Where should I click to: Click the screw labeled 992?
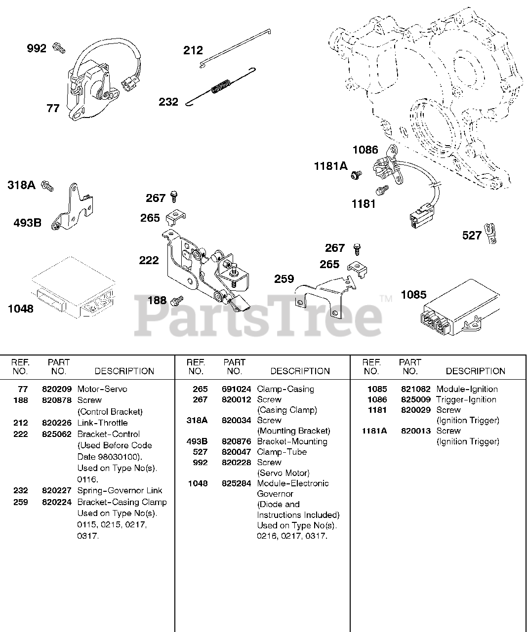coord(59,48)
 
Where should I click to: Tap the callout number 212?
coord(193,50)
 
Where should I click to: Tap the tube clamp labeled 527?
coord(491,233)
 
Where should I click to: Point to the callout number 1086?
coord(365,150)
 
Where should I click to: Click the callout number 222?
coord(149,260)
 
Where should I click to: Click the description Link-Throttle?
coord(102,423)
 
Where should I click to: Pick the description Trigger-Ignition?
coord(466,399)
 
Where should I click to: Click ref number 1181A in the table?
coord(374,431)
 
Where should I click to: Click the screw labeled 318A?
coord(47,186)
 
